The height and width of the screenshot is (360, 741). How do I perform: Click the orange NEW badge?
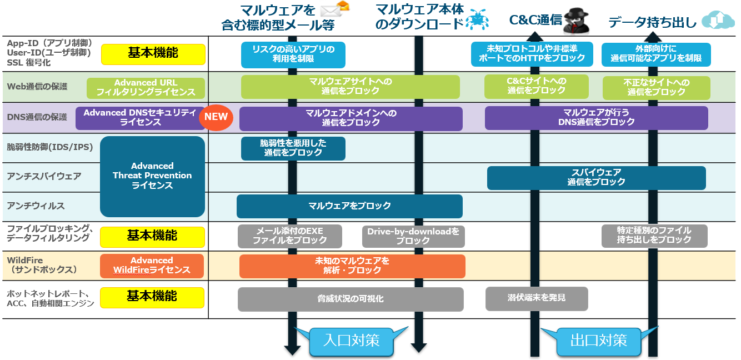click(216, 117)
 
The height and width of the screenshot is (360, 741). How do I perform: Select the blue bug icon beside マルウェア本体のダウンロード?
click(477, 20)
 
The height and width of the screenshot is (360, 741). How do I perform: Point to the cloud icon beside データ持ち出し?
click(717, 20)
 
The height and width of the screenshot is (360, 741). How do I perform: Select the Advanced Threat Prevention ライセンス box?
click(152, 176)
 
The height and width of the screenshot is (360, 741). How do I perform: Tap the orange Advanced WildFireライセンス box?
click(152, 266)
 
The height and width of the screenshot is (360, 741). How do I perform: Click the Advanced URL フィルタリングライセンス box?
click(146, 88)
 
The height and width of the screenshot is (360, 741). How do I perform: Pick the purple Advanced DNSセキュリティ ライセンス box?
click(140, 118)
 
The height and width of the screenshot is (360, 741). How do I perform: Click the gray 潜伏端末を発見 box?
click(536, 298)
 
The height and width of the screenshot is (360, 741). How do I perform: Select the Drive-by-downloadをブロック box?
click(413, 236)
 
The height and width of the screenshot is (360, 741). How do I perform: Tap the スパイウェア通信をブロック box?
click(596, 177)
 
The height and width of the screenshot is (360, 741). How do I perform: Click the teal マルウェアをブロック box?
click(349, 206)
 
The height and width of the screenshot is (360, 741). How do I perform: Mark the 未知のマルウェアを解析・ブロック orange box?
click(352, 266)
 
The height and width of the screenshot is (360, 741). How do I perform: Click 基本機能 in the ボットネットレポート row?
click(152, 297)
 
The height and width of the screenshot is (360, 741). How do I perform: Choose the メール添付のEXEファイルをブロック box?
click(289, 236)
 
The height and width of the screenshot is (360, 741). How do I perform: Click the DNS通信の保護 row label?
click(37, 117)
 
